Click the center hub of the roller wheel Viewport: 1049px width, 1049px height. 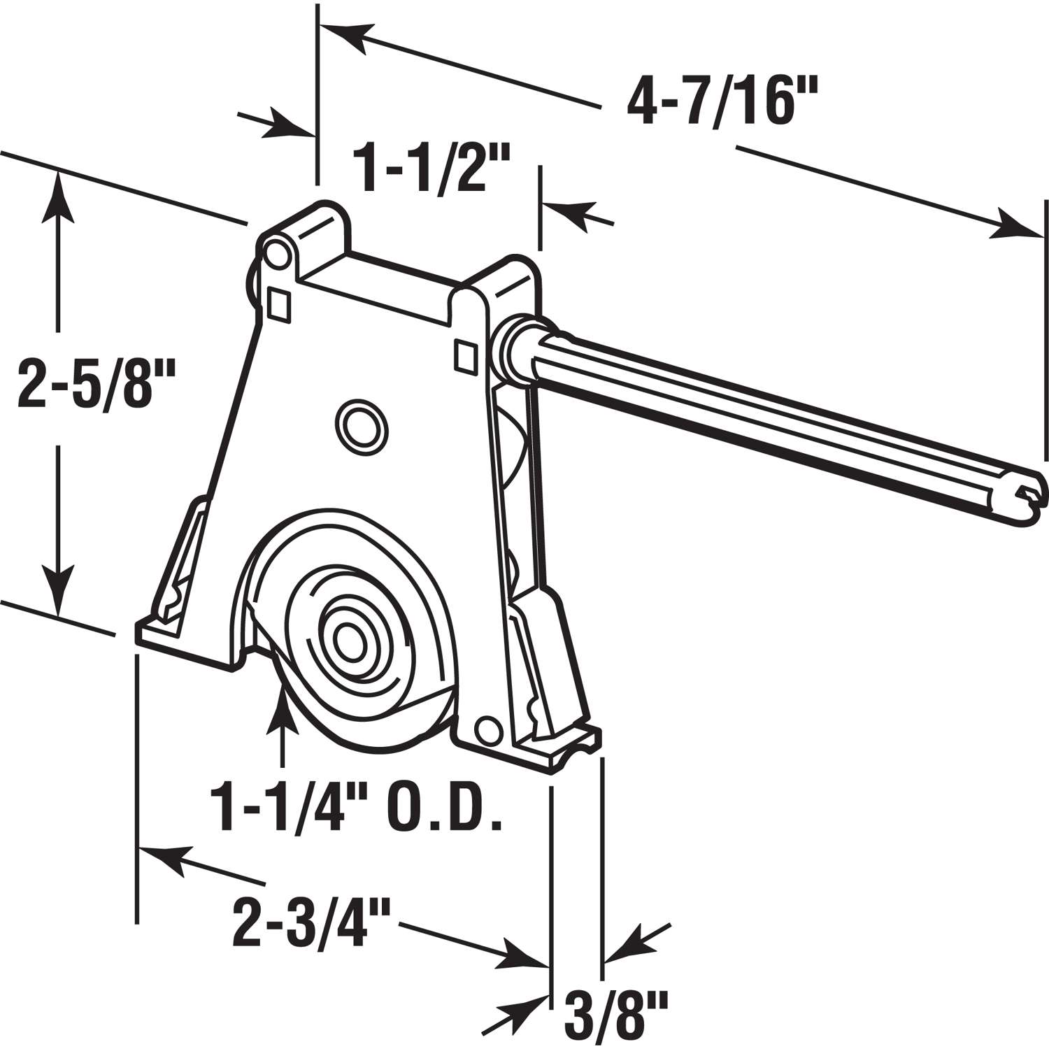coord(346,638)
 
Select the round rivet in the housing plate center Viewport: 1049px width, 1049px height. coord(360,422)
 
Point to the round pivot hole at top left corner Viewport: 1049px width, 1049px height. coord(276,253)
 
